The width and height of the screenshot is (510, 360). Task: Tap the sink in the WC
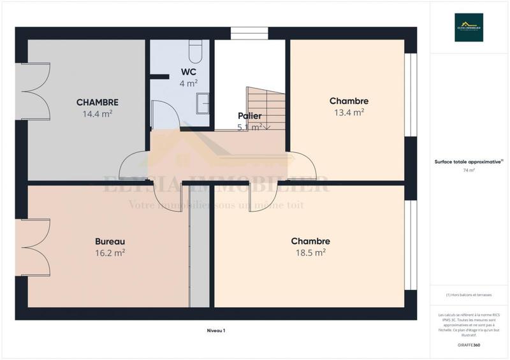tap(203, 101)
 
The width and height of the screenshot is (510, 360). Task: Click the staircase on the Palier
tap(266, 108)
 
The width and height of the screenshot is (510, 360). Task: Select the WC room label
tap(189, 71)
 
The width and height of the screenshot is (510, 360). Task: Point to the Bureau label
tap(110, 241)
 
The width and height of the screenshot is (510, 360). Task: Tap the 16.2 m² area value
tap(110, 252)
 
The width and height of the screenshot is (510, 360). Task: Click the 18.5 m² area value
tap(310, 252)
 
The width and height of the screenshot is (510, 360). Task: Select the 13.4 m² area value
tap(349, 112)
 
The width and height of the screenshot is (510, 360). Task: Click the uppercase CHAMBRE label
tap(98, 102)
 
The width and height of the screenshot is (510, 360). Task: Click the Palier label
tap(249, 116)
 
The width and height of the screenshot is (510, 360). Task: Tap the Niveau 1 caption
tap(216, 330)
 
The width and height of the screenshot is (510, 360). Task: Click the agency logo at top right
tap(469, 27)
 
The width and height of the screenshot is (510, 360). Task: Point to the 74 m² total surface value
tap(469, 171)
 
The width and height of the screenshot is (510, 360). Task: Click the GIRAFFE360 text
tap(469, 345)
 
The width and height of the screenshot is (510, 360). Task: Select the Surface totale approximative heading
tap(469, 162)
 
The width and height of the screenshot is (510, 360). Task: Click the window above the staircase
tap(249, 33)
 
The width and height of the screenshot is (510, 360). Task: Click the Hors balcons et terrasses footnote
tap(469, 294)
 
